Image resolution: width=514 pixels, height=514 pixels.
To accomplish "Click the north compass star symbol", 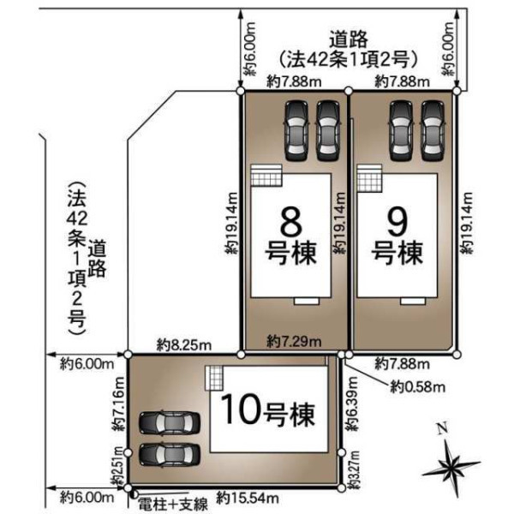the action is coord(451,464).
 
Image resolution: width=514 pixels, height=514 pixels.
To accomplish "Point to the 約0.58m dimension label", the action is coord(418,387).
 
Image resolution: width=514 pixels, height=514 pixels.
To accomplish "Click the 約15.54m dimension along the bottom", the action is coord(248,499).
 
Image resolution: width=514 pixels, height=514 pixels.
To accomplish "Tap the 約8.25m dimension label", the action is coord(184,345).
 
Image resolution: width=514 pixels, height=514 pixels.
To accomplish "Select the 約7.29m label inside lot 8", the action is coord(294,342).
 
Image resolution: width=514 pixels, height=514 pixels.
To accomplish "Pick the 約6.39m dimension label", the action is coord(352,403).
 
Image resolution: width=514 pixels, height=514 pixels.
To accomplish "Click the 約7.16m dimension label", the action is coord(118,404).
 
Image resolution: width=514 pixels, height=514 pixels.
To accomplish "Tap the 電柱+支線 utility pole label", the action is coord(173,505).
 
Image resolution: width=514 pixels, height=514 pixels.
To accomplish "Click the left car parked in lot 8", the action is coord(297,131).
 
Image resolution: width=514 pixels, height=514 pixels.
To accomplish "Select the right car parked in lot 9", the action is coord(433,131).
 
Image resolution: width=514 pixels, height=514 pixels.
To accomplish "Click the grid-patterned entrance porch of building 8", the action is coord(266,176).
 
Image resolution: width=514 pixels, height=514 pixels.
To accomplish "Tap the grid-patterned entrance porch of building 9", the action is coord(370,178).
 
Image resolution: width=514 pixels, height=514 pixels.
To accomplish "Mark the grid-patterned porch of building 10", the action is coord(214,378).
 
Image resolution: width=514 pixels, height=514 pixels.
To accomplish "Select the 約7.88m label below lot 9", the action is coord(402,363).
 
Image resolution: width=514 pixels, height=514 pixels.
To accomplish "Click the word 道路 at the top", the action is coord(349,39).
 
